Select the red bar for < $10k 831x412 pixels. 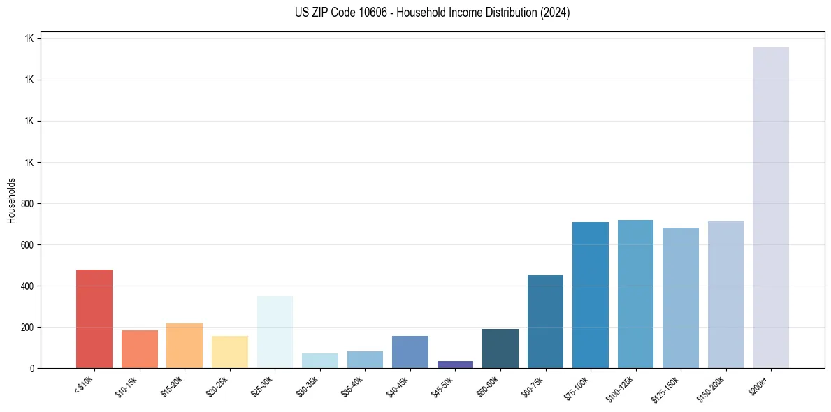[x=94, y=318]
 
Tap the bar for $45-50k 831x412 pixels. [x=455, y=364]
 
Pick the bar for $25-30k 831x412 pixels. [x=275, y=332]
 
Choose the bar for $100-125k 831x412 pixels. [x=635, y=294]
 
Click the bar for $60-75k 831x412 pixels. [x=545, y=321]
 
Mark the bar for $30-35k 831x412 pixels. [x=320, y=360]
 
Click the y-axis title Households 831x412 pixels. [x=12, y=200]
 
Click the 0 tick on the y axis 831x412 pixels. [x=31, y=368]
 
